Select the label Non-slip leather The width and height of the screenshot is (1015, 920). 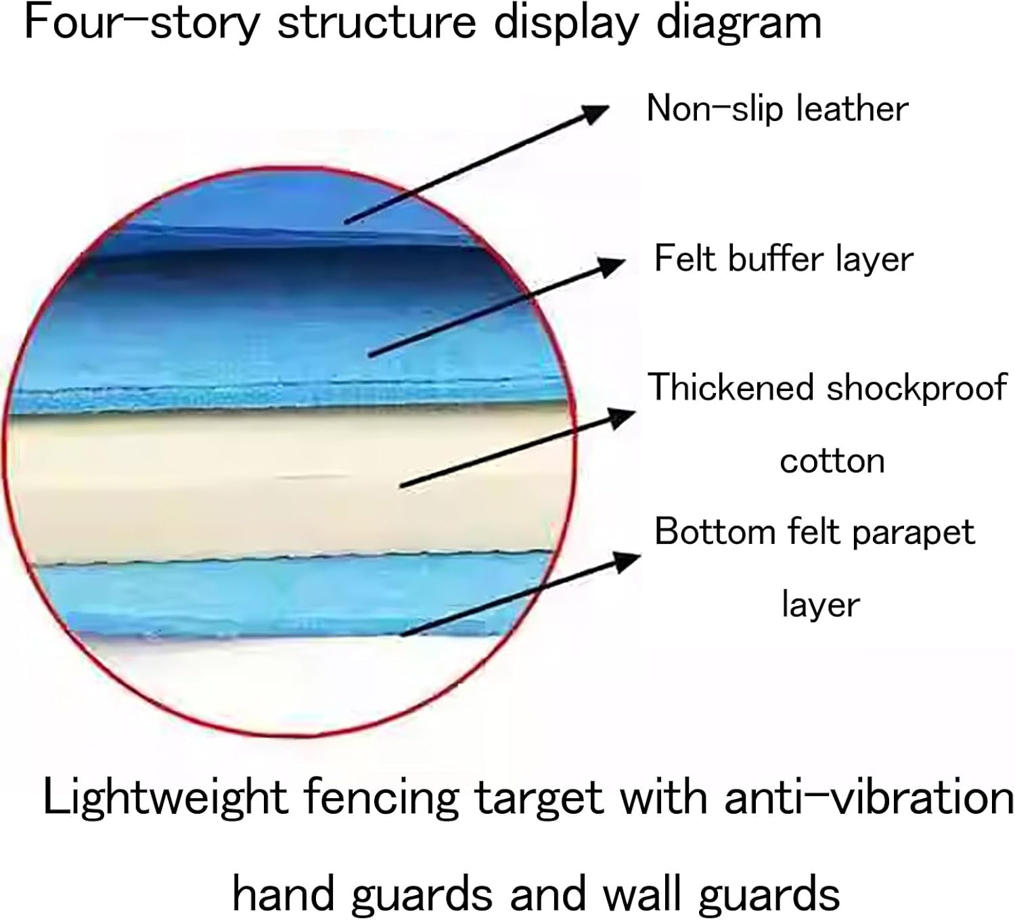(x=777, y=108)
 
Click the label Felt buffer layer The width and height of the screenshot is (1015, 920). (x=784, y=258)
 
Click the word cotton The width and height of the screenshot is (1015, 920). (x=832, y=461)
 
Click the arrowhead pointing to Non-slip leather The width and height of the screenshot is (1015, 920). (x=595, y=112)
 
